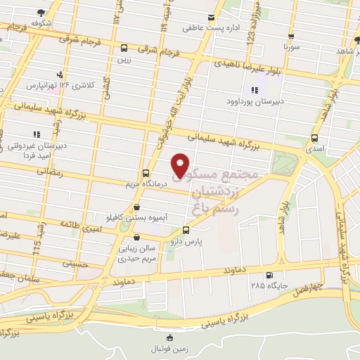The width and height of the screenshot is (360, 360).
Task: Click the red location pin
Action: (x=181, y=165)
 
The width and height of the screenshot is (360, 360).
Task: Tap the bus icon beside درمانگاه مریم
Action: (x=146, y=173)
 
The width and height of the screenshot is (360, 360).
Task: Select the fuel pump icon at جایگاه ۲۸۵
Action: (x=269, y=275)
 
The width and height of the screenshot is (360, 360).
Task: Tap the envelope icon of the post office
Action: (x=210, y=18)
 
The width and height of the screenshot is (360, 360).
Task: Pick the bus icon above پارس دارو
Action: (x=186, y=230)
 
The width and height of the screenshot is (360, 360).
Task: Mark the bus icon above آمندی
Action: (x=314, y=139)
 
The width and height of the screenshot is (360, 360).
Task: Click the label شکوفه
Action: (x=41, y=21)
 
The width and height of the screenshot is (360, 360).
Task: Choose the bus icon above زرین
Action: (x=124, y=49)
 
